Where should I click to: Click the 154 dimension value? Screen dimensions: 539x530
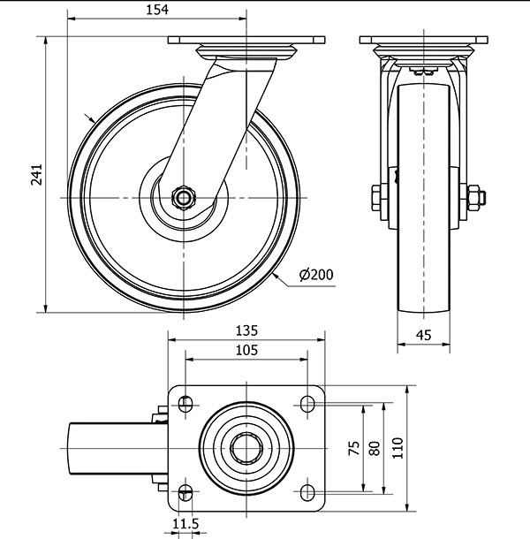click(x=155, y=9)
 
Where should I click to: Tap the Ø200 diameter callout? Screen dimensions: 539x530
click(x=316, y=275)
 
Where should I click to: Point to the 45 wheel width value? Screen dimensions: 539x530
click(x=423, y=334)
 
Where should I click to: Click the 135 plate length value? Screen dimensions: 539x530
click(x=246, y=330)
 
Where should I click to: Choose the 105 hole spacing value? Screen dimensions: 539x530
click(x=246, y=351)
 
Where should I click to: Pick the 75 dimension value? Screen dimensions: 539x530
click(x=354, y=448)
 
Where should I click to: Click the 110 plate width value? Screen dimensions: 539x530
click(x=396, y=448)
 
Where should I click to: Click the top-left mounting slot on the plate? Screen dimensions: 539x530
click(x=185, y=405)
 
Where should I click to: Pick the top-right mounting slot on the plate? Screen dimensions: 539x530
click(x=307, y=405)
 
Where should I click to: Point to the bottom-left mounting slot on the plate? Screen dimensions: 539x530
click(x=185, y=492)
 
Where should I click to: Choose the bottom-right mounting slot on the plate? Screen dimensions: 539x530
click(x=307, y=492)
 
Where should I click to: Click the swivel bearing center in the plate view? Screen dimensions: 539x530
click(x=246, y=448)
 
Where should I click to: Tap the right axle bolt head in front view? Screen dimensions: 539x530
click(x=472, y=197)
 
